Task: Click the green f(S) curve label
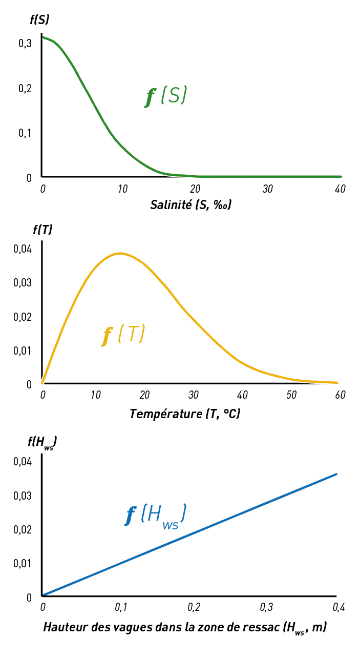point(165,96)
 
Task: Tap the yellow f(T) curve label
point(123,335)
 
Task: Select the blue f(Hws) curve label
point(155,515)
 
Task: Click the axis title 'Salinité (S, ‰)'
point(190,205)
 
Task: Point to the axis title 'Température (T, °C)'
point(185,414)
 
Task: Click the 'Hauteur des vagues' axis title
point(185,627)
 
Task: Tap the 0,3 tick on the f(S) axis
point(25,44)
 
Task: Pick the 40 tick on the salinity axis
point(340,189)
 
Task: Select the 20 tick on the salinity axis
point(195,189)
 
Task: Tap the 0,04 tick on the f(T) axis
point(22,249)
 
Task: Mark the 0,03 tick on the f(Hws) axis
point(22,496)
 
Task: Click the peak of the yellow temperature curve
point(120,253)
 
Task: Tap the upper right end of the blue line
point(336,474)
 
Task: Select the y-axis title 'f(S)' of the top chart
point(39,21)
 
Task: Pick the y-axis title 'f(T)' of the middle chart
point(39,230)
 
